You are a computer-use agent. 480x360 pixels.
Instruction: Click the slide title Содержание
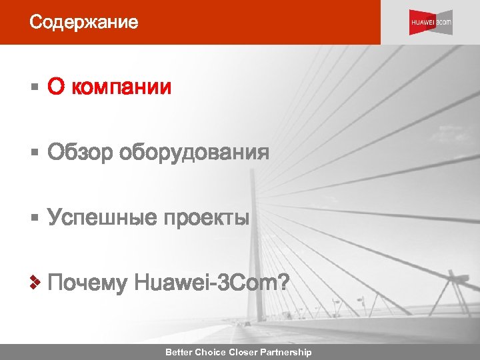click(83, 23)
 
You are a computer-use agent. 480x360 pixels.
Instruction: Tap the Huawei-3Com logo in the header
click(431, 23)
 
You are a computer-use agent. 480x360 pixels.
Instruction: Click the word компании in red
click(121, 87)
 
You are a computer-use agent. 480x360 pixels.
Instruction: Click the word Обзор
click(80, 153)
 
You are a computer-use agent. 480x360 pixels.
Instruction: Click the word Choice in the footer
click(211, 352)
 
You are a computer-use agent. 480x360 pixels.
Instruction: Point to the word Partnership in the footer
click(287, 352)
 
